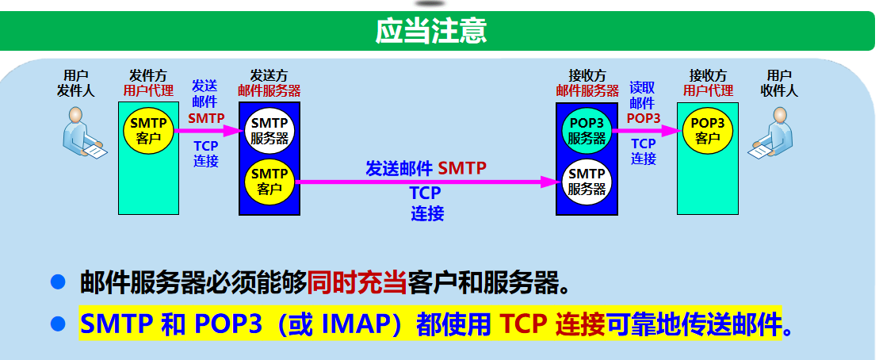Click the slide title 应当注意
(430, 31)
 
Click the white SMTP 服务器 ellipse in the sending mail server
(269, 130)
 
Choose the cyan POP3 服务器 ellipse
(587, 130)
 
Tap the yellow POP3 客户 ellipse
(707, 130)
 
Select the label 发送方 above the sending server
(269, 75)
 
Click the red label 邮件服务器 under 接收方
(587, 90)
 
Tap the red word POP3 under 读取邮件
(643, 117)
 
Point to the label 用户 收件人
(778, 82)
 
